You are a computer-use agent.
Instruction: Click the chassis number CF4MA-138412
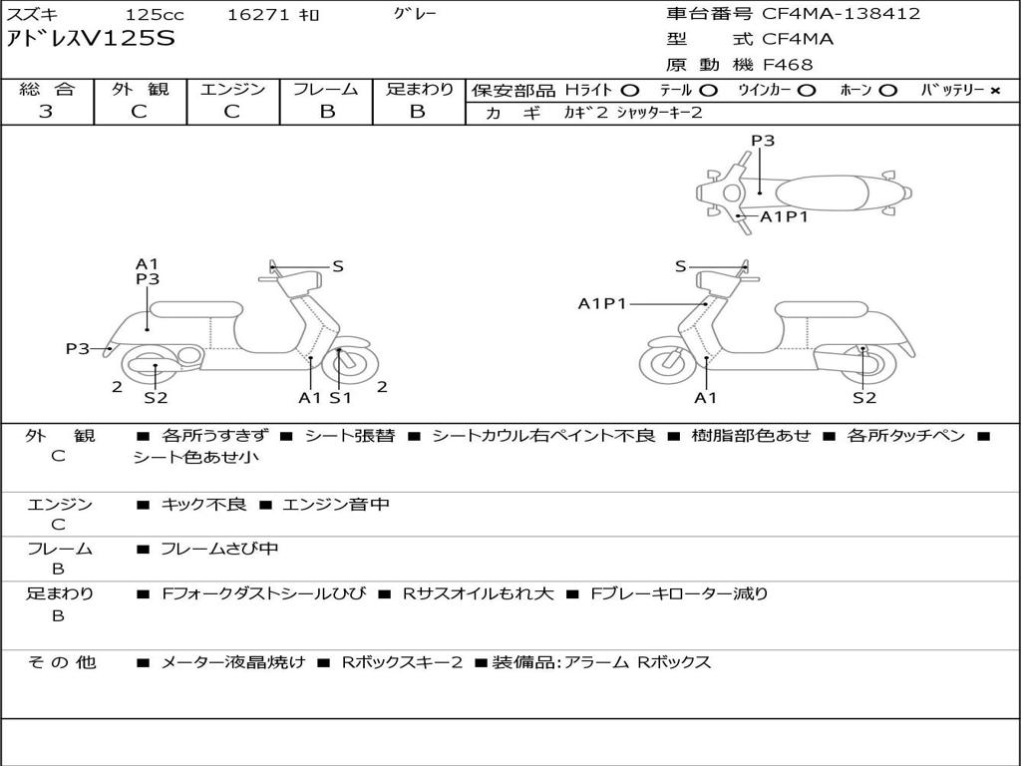tap(841, 14)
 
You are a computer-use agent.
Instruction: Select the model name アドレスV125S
tap(91, 39)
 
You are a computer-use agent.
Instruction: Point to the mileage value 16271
tap(256, 15)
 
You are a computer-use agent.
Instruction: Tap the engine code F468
tap(788, 65)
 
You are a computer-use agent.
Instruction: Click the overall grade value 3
tap(46, 112)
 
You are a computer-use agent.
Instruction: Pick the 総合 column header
tap(46, 90)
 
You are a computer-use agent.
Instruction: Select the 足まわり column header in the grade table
tap(419, 90)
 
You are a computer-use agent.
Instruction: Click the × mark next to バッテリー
tap(995, 91)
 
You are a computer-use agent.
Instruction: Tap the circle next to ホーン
tap(888, 91)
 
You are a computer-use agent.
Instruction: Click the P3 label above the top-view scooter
tap(763, 141)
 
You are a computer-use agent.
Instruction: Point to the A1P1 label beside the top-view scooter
tap(784, 216)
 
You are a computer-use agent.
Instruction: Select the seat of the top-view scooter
tap(825, 191)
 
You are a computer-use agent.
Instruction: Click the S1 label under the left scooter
tap(341, 398)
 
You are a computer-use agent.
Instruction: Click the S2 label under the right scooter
tap(864, 398)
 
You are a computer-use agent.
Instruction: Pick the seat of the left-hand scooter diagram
tap(196, 310)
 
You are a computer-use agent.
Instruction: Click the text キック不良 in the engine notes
tap(203, 505)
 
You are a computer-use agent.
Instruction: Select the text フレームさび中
tap(219, 549)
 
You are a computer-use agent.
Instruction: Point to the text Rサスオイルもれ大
tap(478, 593)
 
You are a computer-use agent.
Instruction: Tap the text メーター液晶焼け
tap(233, 662)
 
